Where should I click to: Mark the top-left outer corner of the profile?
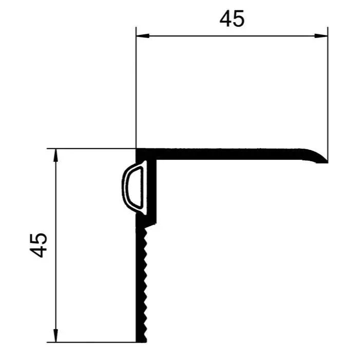click(137, 150)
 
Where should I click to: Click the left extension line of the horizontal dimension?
click(136, 87)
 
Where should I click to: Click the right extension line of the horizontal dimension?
click(328, 87)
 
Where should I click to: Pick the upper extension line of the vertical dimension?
click(92, 149)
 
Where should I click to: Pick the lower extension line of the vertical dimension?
click(92, 342)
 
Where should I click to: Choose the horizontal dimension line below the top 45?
click(232, 35)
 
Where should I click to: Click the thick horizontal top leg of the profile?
click(231, 153)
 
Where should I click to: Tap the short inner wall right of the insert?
click(154, 190)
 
